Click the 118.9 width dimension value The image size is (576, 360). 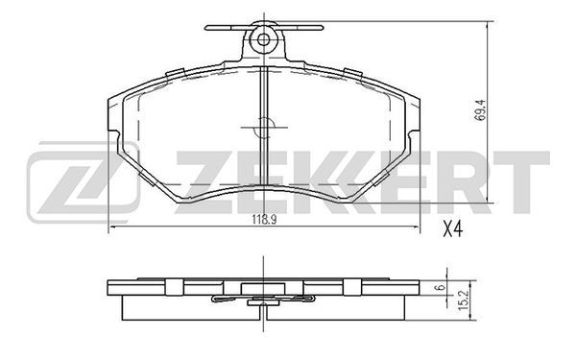pos(264,220)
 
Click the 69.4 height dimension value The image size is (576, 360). pos(480,110)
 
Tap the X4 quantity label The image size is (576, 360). pos(452,229)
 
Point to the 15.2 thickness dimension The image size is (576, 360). pos(465,300)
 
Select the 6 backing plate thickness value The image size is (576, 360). pos(442,287)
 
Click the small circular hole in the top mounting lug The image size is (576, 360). pos(263,39)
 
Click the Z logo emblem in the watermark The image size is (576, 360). pos(84,181)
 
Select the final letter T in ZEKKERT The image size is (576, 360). pos(520,182)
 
